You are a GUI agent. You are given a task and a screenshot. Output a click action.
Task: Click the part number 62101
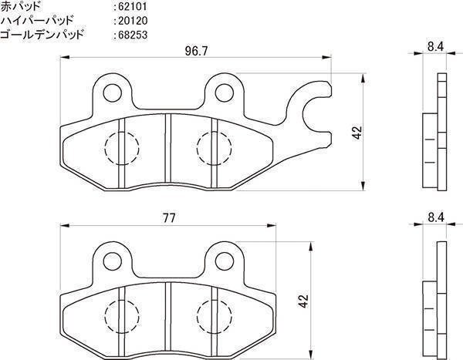132,6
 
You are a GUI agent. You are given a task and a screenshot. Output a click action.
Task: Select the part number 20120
133,21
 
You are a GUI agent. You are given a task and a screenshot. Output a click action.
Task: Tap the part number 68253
133,35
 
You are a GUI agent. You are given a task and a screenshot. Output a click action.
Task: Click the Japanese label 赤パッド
20,6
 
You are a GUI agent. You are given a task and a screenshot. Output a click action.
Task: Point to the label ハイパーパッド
36,21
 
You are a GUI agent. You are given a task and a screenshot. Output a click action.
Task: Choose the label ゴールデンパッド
42,35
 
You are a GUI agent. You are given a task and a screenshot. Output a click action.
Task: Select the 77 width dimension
168,218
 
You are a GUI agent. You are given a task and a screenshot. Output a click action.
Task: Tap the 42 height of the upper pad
357,133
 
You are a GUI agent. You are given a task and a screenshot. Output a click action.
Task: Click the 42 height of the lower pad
303,301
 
